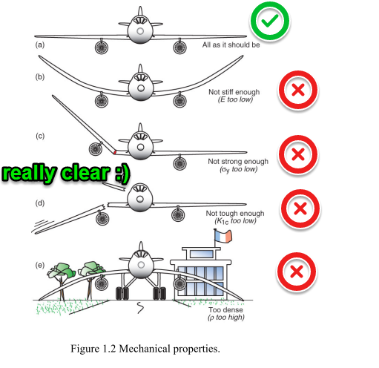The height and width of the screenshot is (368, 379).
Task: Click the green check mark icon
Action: click(x=270, y=21)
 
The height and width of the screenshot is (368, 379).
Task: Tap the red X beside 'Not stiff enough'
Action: click(x=298, y=90)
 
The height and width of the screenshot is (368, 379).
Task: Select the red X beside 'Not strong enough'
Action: click(x=298, y=154)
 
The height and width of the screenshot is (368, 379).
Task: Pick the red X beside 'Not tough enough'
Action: click(x=300, y=208)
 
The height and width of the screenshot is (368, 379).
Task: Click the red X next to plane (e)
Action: click(x=297, y=272)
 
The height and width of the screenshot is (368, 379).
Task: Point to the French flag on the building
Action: click(x=223, y=237)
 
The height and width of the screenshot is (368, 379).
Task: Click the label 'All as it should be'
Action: click(x=231, y=45)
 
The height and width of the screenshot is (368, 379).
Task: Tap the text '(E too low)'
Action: click(x=235, y=99)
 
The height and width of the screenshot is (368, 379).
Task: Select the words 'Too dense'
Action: click(x=225, y=309)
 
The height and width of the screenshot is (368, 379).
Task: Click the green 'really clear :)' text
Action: click(x=65, y=172)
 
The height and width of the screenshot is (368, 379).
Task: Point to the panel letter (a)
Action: click(x=40, y=45)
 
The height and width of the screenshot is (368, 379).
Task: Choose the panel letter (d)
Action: click(x=40, y=203)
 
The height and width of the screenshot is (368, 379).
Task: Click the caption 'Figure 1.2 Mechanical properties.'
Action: click(x=145, y=349)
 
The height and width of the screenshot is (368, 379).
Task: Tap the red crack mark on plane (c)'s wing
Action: click(x=114, y=152)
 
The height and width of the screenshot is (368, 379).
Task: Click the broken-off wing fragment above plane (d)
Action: click(x=114, y=187)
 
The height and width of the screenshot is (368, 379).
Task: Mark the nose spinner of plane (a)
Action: click(x=140, y=31)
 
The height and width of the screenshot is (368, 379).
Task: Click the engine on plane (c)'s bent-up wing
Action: click(x=96, y=149)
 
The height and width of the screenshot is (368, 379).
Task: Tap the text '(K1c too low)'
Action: click(x=235, y=221)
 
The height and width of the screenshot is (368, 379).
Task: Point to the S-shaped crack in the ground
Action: click(x=140, y=307)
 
